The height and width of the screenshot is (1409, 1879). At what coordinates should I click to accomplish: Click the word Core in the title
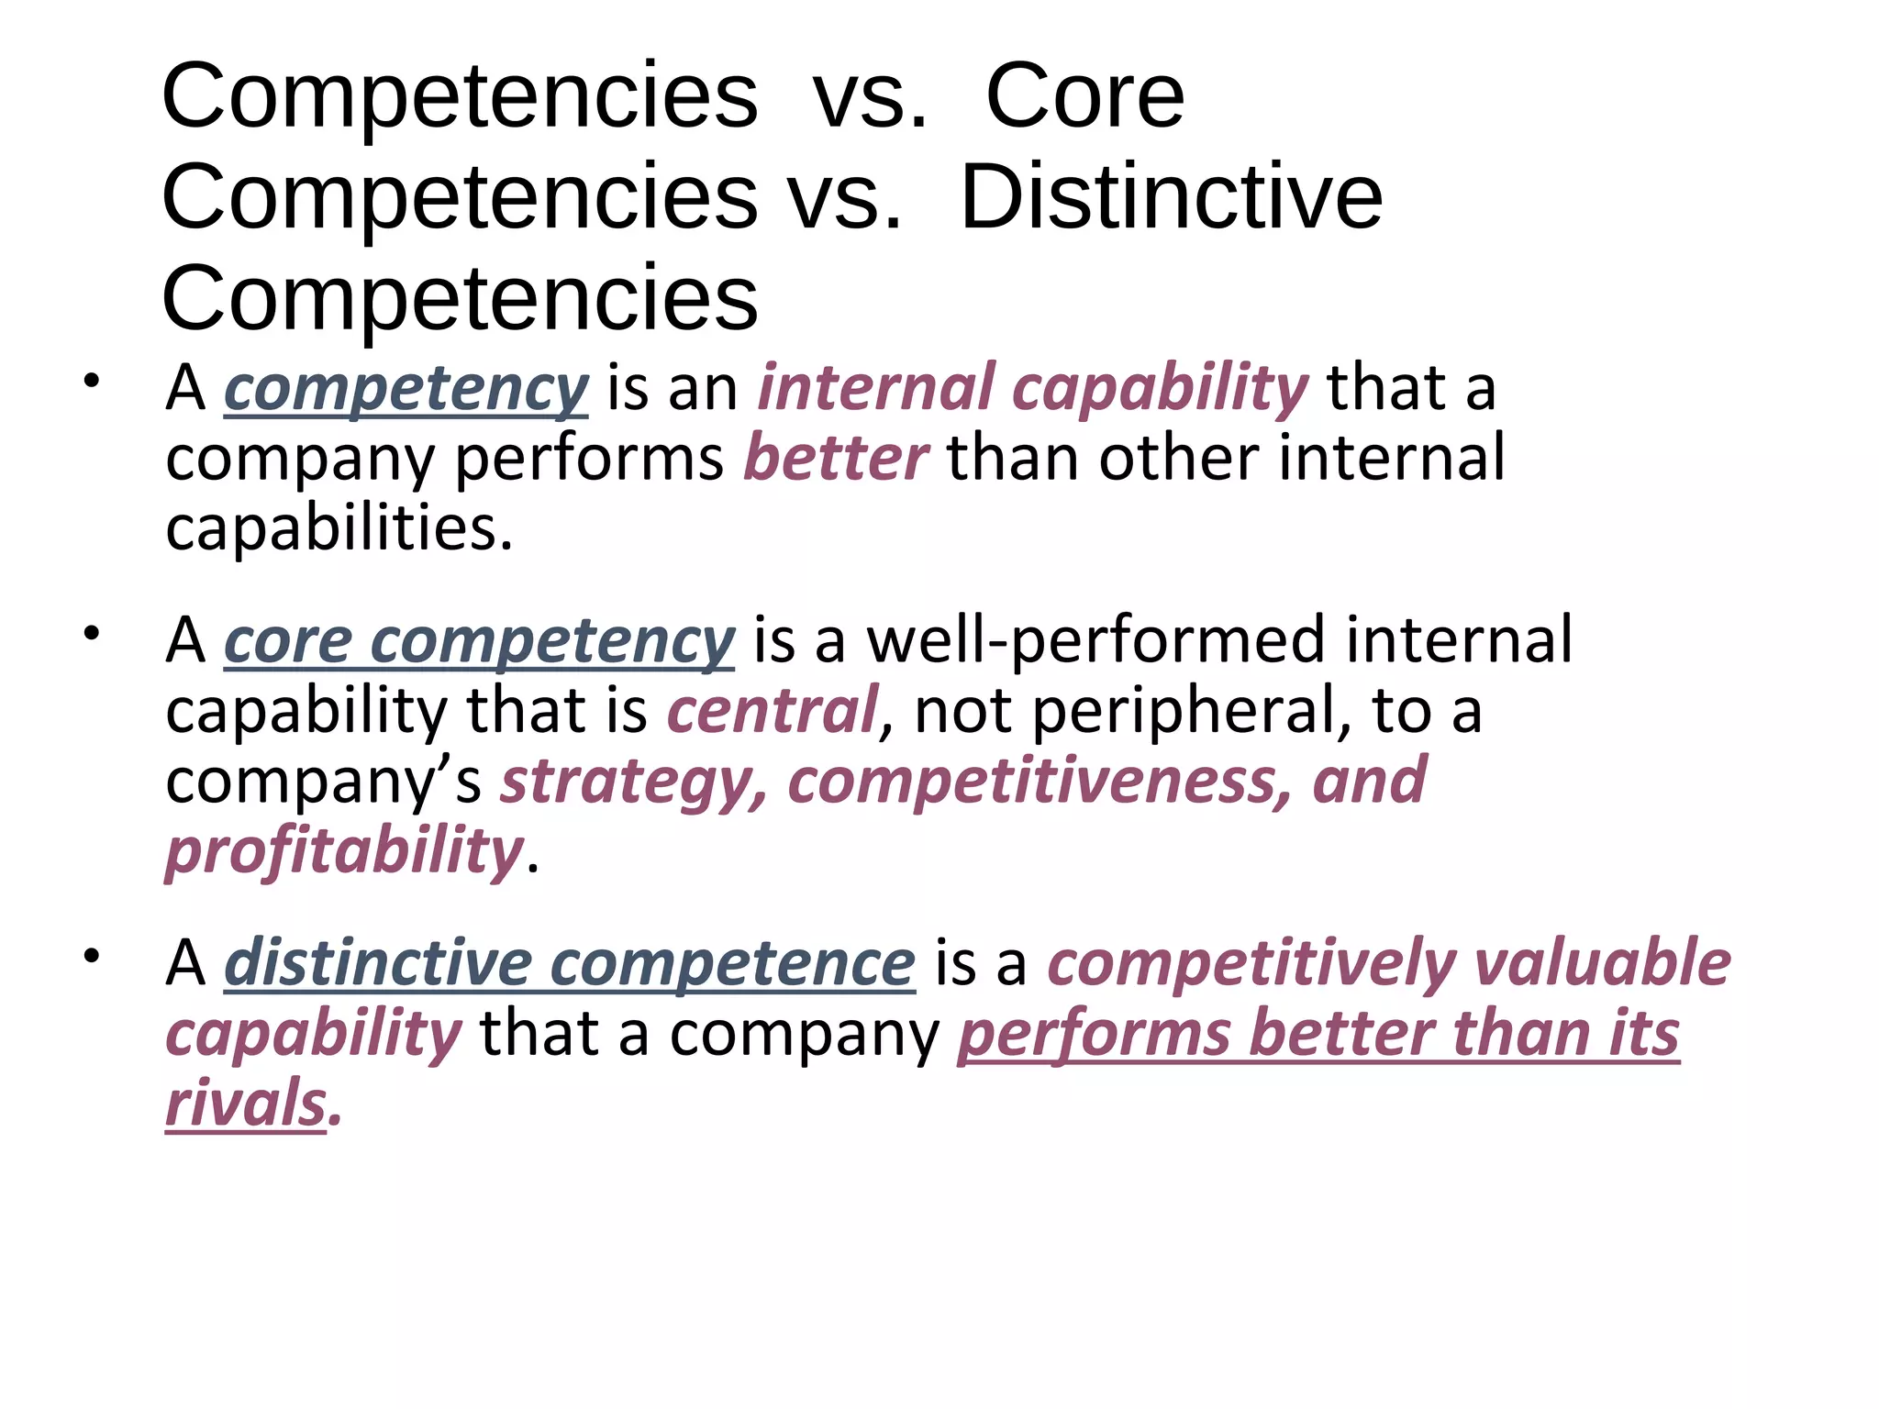click(x=1084, y=95)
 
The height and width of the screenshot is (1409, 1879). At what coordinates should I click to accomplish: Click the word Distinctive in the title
click(x=1171, y=196)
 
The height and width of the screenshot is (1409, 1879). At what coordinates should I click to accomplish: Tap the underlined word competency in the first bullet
click(x=406, y=389)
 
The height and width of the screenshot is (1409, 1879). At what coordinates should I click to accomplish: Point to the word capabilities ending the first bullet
click(x=339, y=528)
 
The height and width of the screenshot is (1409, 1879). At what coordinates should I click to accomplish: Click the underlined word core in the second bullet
click(x=288, y=640)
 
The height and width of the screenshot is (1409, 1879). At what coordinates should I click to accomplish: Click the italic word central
click(x=772, y=710)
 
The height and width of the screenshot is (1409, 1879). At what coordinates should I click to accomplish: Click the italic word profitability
click(x=344, y=851)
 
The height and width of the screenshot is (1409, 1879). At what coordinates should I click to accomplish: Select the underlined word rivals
click(x=246, y=1103)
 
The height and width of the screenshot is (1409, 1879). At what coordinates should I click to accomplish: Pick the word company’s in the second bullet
click(x=323, y=782)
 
